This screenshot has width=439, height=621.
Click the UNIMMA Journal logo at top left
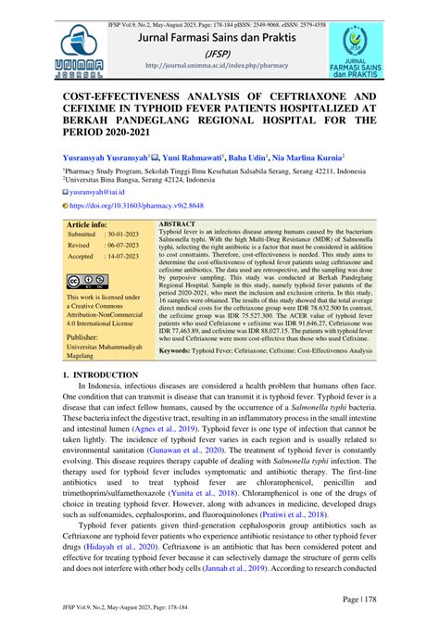[81, 48]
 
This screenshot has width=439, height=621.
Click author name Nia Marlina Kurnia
[304, 158]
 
